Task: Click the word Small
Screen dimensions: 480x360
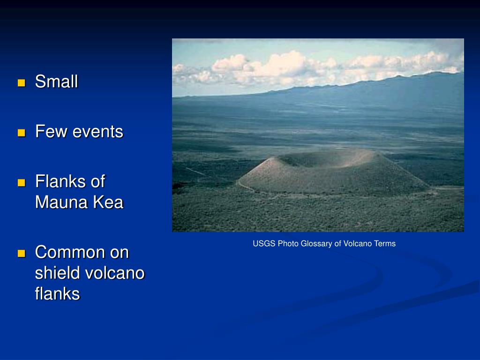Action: coord(57,82)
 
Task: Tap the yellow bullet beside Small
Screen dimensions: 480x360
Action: coord(22,83)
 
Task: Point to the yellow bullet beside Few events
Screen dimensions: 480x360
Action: coord(22,133)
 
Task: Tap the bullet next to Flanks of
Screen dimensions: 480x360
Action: coord(22,183)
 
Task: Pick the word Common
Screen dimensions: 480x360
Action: coord(70,252)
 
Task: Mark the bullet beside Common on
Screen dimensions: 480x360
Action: coord(22,253)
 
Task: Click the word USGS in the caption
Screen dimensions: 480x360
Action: coord(264,244)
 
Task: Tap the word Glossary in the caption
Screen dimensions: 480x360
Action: coord(316,244)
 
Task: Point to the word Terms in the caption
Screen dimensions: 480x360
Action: coord(384,244)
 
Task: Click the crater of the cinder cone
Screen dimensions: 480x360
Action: coord(324,158)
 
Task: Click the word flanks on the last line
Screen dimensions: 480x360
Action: coord(57,293)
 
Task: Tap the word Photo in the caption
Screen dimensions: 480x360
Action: coord(288,244)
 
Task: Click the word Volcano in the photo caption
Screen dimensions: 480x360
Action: coord(357,244)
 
